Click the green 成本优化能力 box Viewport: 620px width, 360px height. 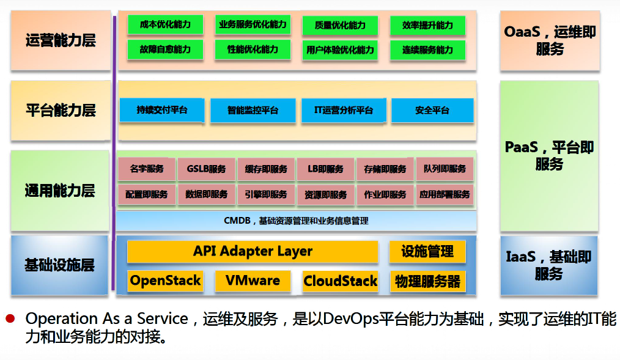coord(165,24)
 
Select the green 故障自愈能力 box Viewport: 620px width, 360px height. coord(165,50)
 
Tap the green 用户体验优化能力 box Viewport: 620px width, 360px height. coord(340,50)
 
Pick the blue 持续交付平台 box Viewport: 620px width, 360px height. coord(162,110)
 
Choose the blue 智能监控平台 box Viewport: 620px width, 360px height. coord(253,110)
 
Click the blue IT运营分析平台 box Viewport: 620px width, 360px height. coord(344,110)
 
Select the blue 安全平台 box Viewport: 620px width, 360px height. coord(432,110)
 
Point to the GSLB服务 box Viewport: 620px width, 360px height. coord(207,169)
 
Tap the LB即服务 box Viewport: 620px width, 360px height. coord(326,169)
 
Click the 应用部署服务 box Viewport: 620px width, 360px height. coord(445,194)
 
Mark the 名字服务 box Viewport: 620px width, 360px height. coord(147,169)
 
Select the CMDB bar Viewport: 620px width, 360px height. coord(296,221)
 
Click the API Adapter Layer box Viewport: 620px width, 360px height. coord(253,251)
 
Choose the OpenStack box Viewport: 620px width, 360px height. coord(165,281)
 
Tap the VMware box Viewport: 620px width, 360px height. coord(253,281)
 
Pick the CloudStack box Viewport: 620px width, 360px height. coord(340,281)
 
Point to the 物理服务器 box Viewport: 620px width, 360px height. coord(427,281)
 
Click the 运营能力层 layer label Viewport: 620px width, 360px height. coord(61,40)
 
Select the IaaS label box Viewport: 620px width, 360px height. coord(549,265)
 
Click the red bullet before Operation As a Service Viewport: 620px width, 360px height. coord(10,318)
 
